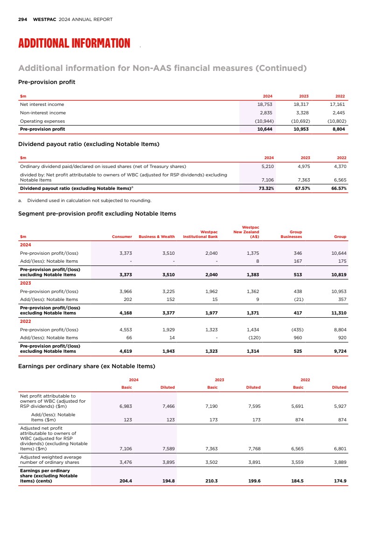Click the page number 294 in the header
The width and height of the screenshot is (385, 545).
click(22, 20)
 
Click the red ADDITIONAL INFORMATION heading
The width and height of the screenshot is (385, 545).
click(74, 44)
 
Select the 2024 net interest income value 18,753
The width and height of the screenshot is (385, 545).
click(265, 105)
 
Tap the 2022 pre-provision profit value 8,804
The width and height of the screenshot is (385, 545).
click(337, 129)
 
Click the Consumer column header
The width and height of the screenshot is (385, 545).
click(122, 237)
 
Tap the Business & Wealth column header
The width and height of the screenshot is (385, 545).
click(157, 237)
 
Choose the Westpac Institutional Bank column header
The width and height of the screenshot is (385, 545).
click(201, 234)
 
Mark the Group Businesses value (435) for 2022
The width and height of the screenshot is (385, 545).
click(294, 329)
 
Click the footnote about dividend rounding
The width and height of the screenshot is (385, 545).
click(86, 201)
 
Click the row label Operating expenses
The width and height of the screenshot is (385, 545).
click(43, 121)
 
